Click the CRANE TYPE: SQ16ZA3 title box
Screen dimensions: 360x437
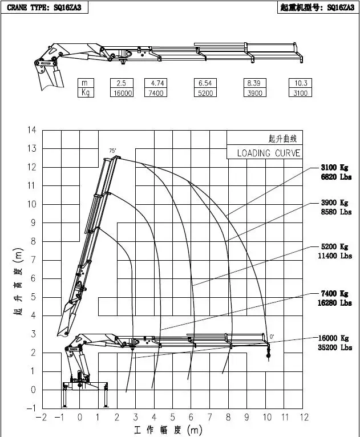45,7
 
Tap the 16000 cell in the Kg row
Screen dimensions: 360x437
122,92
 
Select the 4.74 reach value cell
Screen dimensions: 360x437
156,83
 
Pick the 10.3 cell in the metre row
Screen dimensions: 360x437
300,83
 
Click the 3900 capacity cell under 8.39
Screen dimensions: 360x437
254,92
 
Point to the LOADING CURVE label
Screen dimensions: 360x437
269,153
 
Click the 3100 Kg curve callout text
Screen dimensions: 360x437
334,167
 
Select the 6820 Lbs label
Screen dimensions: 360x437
336,177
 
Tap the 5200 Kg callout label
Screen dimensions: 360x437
334,246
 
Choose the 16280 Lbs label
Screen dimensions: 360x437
335,303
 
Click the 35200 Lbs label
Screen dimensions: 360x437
335,347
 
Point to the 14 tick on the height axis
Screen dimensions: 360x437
32,130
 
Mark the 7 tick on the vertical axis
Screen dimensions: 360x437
34,260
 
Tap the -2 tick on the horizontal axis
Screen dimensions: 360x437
41,417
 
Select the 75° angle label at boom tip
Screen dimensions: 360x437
112,151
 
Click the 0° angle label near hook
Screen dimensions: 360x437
272,337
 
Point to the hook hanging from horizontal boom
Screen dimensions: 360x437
268,353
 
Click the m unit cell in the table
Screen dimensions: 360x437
86,83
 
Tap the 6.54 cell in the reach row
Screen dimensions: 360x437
205,83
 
